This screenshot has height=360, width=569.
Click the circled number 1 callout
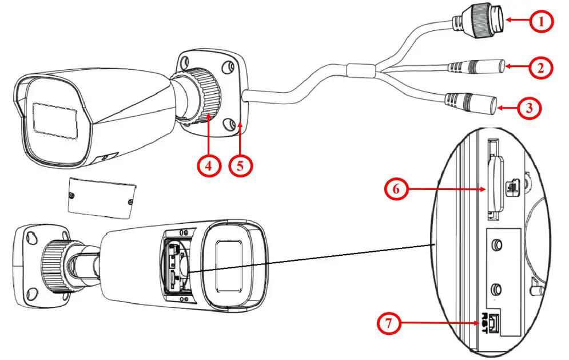pyautogui.click(x=540, y=22)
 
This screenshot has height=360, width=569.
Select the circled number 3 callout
pyautogui.click(x=528, y=108)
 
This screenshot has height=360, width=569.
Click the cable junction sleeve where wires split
pyautogui.click(x=359, y=71)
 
